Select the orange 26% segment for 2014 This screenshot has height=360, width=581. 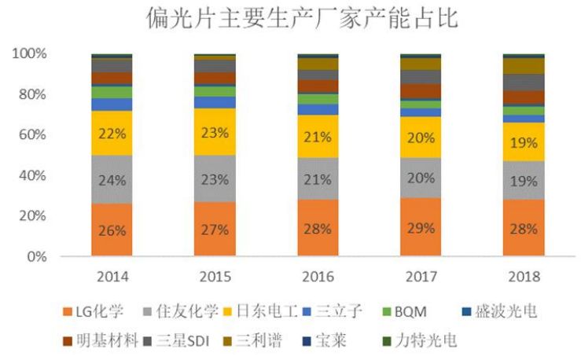tap(112, 230)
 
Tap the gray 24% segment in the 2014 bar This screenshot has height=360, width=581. tap(112, 179)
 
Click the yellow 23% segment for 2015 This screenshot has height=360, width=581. tap(215, 132)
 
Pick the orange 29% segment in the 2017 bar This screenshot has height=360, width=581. tap(421, 227)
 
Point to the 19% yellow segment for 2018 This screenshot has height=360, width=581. tap(524, 142)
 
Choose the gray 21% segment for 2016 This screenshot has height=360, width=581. tap(318, 179)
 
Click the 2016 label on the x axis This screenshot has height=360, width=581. tap(318, 277)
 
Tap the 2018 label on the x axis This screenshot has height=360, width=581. tap(524, 277)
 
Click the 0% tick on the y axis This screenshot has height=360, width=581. tap(36, 256)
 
